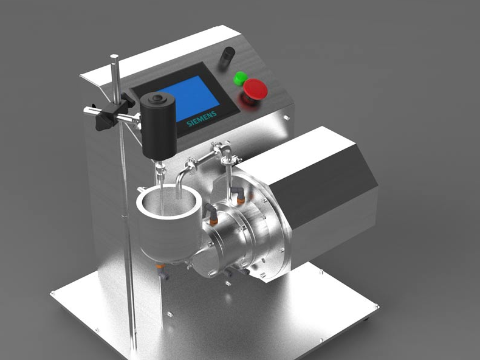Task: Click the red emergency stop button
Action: [255, 88]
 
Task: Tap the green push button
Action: [241, 78]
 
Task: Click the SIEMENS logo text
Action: [202, 119]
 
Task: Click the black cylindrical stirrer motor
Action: [159, 126]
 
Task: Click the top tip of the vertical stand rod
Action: [114, 55]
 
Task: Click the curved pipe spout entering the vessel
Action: [180, 181]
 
